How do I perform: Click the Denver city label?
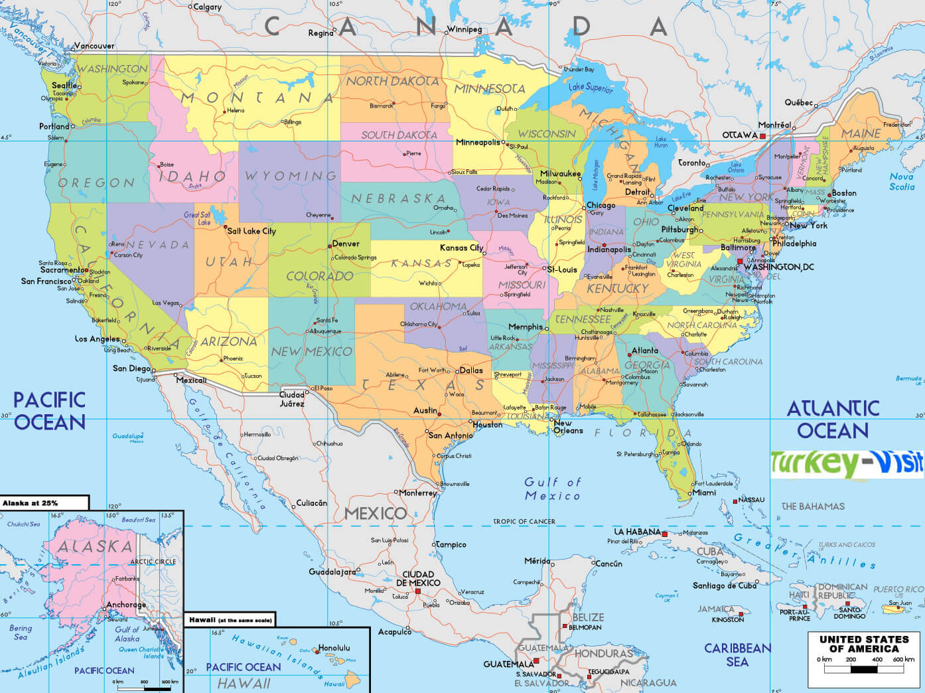tap(346, 244)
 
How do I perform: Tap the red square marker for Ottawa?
tap(762, 135)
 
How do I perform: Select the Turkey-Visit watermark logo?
tap(847, 463)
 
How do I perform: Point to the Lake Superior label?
tap(591, 87)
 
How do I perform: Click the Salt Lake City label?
tap(251, 231)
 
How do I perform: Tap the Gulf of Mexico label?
tap(552, 489)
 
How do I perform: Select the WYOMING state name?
tap(291, 176)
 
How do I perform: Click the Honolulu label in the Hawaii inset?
tap(334, 648)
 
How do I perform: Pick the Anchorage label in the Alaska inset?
tap(126, 605)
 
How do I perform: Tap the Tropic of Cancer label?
tap(524, 522)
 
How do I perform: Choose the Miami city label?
tap(704, 493)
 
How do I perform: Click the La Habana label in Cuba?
tap(637, 532)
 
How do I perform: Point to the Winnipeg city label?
tap(464, 29)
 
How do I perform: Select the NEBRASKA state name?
tap(398, 198)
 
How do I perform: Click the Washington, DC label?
tap(778, 267)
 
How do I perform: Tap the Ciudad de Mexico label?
tap(418, 578)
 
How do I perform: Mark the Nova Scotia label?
tap(901, 181)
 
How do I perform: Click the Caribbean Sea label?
tap(737, 654)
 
